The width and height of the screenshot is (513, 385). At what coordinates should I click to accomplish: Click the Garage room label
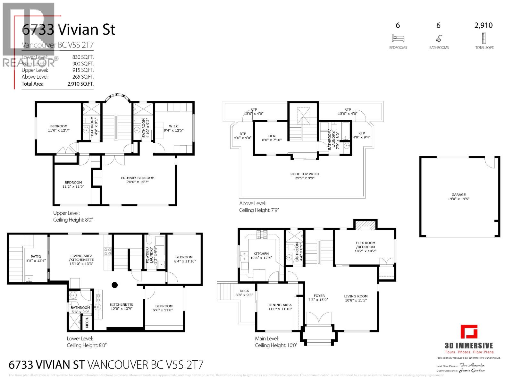point(458,195)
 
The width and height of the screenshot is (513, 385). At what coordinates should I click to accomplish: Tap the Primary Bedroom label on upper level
point(138,178)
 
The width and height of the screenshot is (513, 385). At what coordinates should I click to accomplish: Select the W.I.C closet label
point(173,126)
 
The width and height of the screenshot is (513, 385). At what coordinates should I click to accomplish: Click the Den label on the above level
point(272,136)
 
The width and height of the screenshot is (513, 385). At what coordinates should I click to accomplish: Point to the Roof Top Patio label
point(305,174)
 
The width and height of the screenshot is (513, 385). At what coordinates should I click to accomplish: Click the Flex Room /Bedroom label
point(365,245)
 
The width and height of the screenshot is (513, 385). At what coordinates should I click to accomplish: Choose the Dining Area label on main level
point(280,305)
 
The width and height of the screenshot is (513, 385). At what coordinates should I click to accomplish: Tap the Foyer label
point(319,296)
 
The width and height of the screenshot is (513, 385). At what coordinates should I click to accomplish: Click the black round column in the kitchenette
point(114,285)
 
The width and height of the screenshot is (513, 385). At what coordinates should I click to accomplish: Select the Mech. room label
point(87,322)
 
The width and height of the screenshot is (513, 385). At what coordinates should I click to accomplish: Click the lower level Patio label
point(36,257)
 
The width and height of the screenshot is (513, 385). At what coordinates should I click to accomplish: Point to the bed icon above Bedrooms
point(398,38)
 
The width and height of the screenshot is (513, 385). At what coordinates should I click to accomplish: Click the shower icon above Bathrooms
point(439,38)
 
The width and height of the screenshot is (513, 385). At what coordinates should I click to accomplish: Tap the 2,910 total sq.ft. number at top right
point(483,25)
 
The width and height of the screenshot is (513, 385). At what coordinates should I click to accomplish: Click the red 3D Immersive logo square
point(469,332)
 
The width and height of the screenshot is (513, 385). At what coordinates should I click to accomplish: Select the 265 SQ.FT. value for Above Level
point(83,77)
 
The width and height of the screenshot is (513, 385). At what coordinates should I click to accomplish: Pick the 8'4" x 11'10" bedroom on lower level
point(184,259)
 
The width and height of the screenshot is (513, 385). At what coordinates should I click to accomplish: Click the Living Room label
point(356,296)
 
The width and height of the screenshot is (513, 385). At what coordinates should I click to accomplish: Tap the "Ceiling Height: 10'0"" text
point(276,346)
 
